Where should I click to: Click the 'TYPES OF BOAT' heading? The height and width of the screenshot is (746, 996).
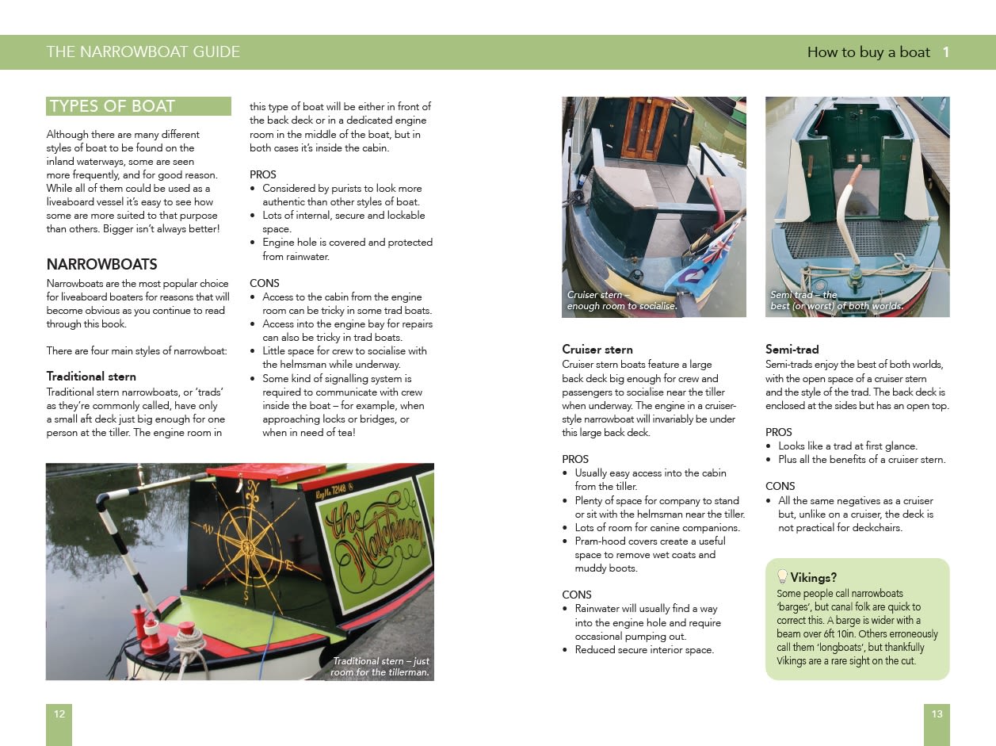[x=112, y=106]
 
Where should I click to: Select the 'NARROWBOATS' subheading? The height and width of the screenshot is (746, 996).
[x=101, y=264]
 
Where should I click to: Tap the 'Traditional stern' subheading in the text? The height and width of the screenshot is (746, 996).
[x=91, y=376]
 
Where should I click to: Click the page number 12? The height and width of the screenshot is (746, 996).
[x=59, y=714]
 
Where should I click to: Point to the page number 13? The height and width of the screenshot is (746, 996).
[x=937, y=714]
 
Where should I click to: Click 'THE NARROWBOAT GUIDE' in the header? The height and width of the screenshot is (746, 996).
[x=143, y=52]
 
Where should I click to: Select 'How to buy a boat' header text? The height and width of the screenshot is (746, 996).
[x=868, y=52]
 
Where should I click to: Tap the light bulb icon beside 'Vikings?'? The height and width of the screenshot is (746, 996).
[x=782, y=576]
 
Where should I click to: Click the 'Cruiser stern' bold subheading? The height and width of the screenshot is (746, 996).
[x=597, y=350]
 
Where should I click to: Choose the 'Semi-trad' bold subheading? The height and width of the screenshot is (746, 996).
[x=792, y=350]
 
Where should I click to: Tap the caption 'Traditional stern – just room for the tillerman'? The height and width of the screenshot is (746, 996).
[x=380, y=667]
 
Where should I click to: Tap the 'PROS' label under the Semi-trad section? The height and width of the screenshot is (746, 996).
[x=779, y=432]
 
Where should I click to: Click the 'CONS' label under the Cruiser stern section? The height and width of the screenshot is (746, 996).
[x=576, y=595]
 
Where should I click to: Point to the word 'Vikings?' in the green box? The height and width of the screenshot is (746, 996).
[x=813, y=577]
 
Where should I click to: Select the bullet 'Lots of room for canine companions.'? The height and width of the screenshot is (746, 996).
[x=657, y=528]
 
